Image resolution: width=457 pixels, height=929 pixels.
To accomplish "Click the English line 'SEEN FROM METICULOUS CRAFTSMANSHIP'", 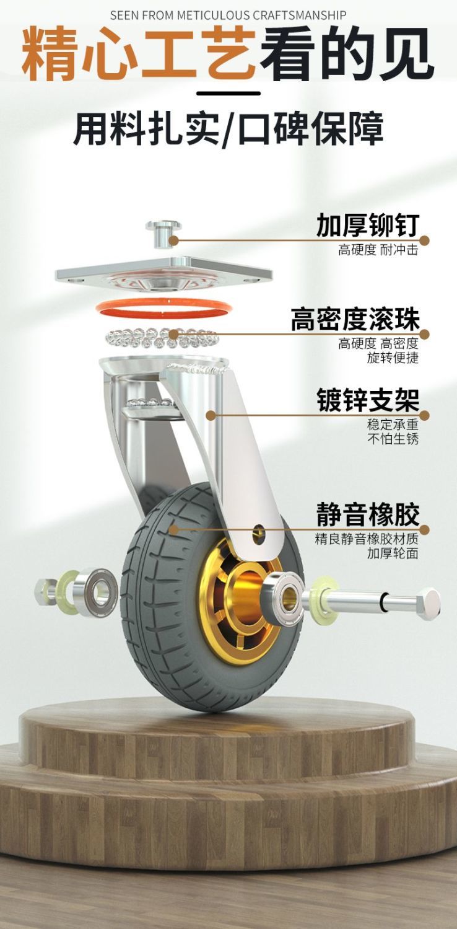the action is [228, 15].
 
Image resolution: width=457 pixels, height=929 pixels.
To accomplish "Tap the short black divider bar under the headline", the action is [228, 94].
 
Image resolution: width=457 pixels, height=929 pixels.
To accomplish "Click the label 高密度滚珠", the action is [355, 319].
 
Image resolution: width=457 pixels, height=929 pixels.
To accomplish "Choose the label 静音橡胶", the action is [368, 514].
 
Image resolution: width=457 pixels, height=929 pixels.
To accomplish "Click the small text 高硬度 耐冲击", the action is [378, 250].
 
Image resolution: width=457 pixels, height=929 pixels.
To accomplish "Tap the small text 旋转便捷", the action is [393, 358].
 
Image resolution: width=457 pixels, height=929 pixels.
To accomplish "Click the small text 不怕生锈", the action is [393, 438].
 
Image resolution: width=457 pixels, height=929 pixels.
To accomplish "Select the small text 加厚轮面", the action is [393, 553].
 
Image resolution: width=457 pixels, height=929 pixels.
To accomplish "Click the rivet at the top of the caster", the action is [163, 234].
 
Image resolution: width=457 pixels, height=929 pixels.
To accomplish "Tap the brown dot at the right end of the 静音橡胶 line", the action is [424, 530].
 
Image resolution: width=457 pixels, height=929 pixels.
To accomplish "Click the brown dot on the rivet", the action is [174, 240].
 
